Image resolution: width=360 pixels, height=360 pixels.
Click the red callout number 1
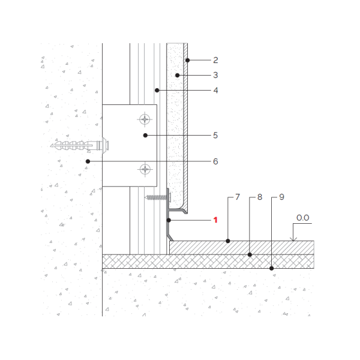215,220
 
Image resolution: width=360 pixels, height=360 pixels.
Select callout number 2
215,60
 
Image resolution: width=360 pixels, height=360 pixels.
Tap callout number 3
215,75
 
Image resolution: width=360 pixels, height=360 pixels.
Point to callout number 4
215,90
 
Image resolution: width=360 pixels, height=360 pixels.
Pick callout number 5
215,135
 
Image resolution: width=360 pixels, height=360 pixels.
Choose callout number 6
215,161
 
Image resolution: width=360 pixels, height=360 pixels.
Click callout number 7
238,197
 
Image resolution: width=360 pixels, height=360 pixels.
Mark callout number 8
260,197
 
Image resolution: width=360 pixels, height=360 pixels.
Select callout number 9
282,197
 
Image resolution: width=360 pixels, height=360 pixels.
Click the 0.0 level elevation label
302,218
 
